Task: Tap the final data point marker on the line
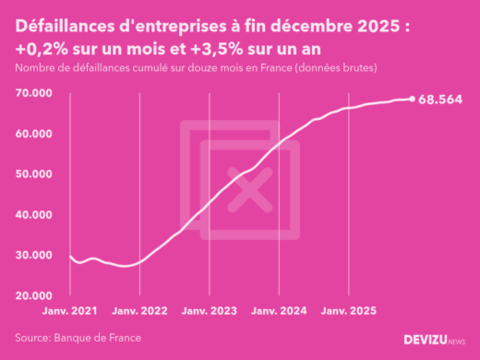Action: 413,99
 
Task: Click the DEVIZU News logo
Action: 435,339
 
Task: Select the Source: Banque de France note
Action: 78,338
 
